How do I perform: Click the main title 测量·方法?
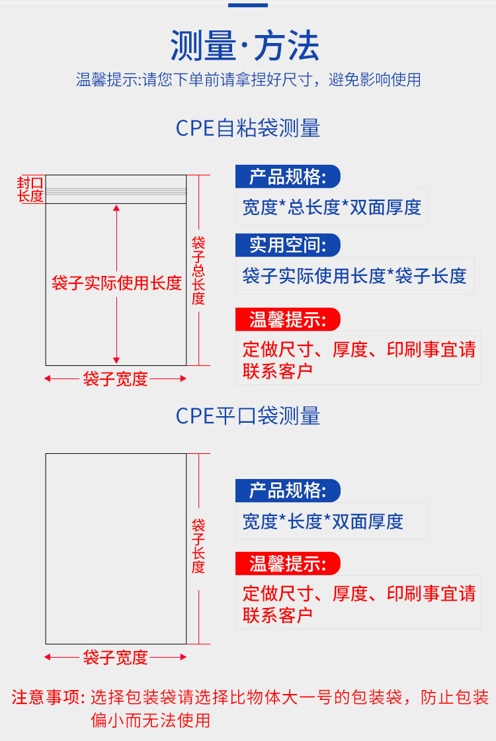pyautogui.click(x=245, y=46)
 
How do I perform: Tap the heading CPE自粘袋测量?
pyautogui.click(x=248, y=128)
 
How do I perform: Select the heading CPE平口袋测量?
pyautogui.click(x=248, y=416)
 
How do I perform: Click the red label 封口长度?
pyautogui.click(x=30, y=189)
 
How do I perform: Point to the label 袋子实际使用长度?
pyautogui.click(x=116, y=283)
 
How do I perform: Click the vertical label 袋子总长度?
pyautogui.click(x=198, y=271)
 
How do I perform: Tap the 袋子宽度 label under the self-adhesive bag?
pyautogui.click(x=115, y=379)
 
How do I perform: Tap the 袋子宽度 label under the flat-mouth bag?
pyautogui.click(x=115, y=658)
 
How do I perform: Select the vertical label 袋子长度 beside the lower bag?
pyautogui.click(x=198, y=546)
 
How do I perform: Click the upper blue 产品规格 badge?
pyautogui.click(x=288, y=177)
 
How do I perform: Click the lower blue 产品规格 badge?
pyautogui.click(x=288, y=490)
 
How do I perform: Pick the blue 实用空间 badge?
pyautogui.click(x=288, y=245)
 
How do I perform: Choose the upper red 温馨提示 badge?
pyautogui.click(x=288, y=320)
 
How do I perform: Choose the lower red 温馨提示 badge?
pyautogui.click(x=288, y=564)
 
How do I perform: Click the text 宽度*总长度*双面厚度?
pyautogui.click(x=331, y=207)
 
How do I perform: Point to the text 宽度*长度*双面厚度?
pyautogui.click(x=323, y=521)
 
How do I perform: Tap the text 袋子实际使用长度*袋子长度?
pyautogui.click(x=354, y=275)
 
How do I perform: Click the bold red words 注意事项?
pyautogui.click(x=48, y=697)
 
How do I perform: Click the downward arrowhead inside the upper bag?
pyautogui.click(x=116, y=361)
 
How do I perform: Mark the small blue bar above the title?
pyautogui.click(x=248, y=5)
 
